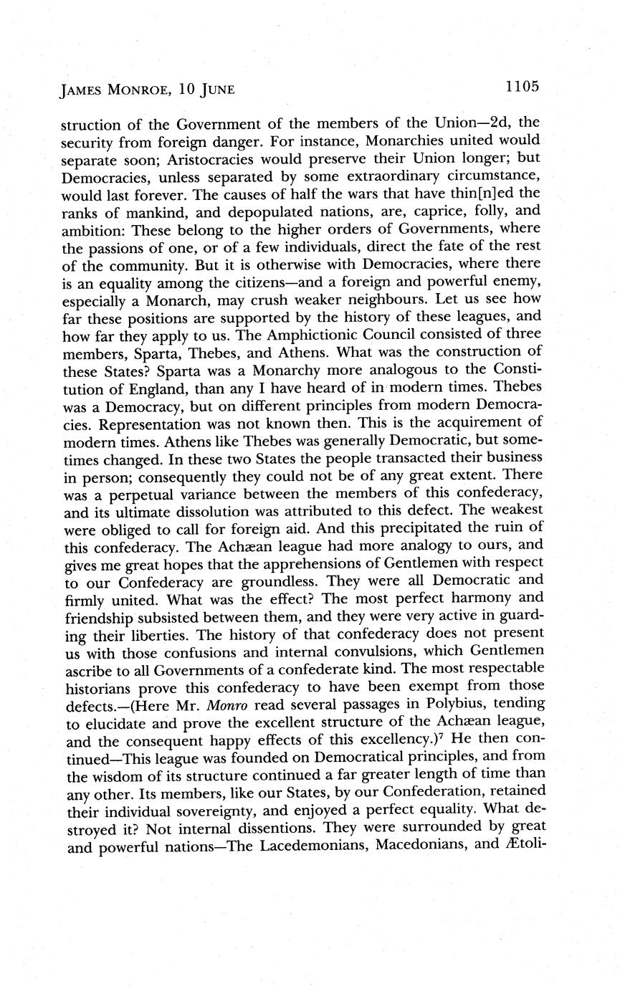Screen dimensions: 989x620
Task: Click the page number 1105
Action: [521, 87]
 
